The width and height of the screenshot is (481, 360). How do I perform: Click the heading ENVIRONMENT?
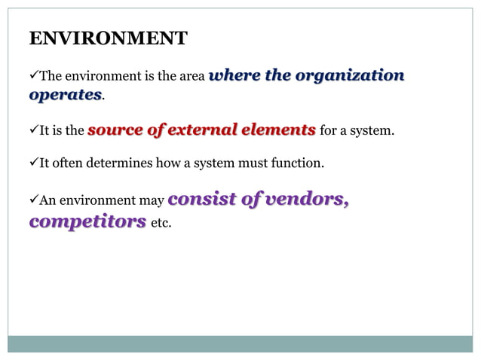click(x=108, y=39)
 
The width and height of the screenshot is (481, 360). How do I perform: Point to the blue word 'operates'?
click(x=65, y=95)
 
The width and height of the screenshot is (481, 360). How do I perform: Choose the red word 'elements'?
click(x=278, y=130)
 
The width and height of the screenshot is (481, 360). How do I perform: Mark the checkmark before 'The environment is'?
click(x=33, y=76)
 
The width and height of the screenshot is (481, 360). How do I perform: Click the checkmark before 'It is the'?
click(x=33, y=130)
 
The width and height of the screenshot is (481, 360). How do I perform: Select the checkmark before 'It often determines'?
click(x=33, y=163)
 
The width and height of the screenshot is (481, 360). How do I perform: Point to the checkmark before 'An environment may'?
click(x=33, y=201)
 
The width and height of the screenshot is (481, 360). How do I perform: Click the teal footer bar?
click(x=240, y=343)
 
